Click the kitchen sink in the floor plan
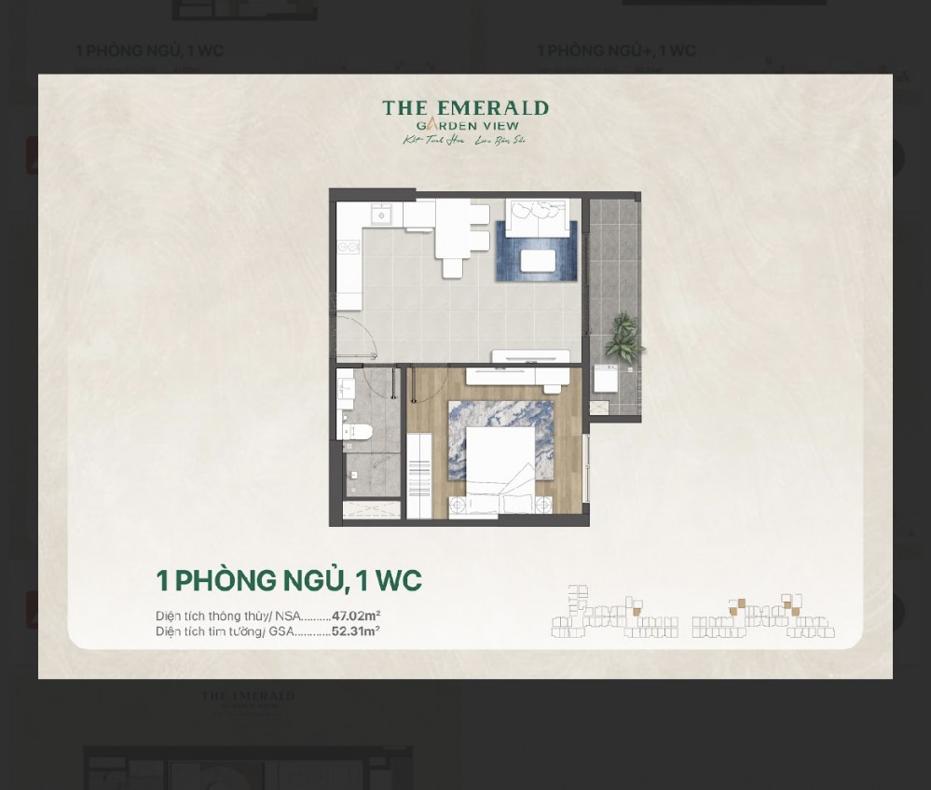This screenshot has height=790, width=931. (x=379, y=215)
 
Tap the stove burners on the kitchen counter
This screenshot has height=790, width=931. (x=348, y=248)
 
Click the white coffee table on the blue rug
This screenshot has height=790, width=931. (x=538, y=259)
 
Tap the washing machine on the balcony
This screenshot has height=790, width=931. (x=607, y=379)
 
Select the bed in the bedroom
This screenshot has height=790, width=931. (x=501, y=461)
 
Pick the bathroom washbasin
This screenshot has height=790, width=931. (x=346, y=389)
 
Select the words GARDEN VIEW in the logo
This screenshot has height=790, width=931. (x=467, y=126)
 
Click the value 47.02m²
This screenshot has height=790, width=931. (x=356, y=616)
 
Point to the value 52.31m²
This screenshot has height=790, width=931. (x=355, y=631)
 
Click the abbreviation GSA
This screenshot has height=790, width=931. (x=281, y=631)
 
